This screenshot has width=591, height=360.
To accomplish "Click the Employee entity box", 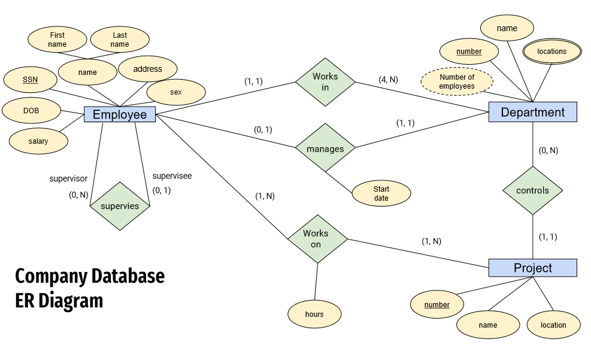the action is coord(120,114).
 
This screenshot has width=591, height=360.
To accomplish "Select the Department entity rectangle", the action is coord(532,112).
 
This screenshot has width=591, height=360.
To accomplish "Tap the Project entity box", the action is coord(532,268).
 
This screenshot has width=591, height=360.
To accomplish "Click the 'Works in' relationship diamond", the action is coord(325,82).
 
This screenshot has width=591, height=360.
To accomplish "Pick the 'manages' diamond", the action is coord(325,148).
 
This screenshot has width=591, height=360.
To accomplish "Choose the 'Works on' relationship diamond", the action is coord(317,239).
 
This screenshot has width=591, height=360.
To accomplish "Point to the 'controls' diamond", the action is coord(532,190).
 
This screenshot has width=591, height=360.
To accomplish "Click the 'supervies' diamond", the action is coord(120,206).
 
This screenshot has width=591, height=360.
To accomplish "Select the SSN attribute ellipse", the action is coord(30,80).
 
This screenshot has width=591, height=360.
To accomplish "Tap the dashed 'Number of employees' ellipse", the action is coord(457,81).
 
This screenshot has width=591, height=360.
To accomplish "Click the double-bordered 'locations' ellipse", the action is coord(552,52).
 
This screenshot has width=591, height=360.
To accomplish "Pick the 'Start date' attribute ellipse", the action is coord(381,193).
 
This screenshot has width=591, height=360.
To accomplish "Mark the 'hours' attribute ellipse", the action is coord(314,314).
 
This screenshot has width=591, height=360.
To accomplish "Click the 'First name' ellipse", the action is coord(57,39).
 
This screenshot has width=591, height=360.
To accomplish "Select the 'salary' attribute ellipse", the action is coord(38,141).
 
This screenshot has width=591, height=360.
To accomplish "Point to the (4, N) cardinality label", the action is coord(388,80).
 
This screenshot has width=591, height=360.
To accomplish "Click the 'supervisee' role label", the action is coord(172,176).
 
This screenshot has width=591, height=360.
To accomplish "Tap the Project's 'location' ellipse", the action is coord(553,325).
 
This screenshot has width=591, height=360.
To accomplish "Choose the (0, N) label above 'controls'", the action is coord(548,150).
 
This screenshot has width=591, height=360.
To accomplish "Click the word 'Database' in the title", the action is coord(128,276).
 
